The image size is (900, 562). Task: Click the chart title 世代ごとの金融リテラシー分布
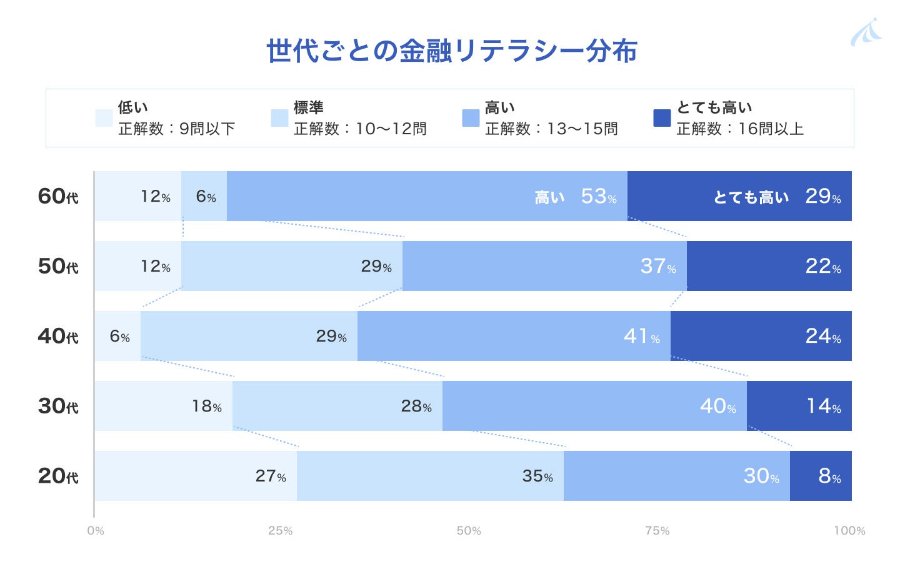(x=451, y=51)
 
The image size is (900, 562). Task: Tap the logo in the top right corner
(x=866, y=32)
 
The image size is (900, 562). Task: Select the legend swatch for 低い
(x=104, y=118)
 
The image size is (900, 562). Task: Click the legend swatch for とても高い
(x=662, y=118)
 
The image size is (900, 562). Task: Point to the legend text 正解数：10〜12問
(x=360, y=129)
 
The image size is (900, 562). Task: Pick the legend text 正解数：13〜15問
(x=551, y=129)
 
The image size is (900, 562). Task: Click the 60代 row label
(x=58, y=197)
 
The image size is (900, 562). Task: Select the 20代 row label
(x=58, y=476)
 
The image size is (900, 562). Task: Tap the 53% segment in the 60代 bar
(x=427, y=196)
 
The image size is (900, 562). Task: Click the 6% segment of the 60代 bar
(x=204, y=196)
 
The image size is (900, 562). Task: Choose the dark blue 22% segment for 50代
(x=769, y=266)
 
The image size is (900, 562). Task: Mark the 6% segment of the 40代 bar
(x=118, y=336)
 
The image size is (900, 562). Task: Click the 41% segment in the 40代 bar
(x=514, y=336)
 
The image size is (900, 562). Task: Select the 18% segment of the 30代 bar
(x=164, y=406)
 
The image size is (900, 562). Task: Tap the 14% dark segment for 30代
(x=799, y=406)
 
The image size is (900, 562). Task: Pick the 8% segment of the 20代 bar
(x=821, y=476)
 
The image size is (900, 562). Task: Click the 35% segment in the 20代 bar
(x=430, y=476)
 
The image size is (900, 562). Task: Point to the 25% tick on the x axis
(x=281, y=531)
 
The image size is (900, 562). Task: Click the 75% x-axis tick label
(x=657, y=531)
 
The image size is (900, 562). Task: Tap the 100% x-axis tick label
(x=849, y=531)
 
